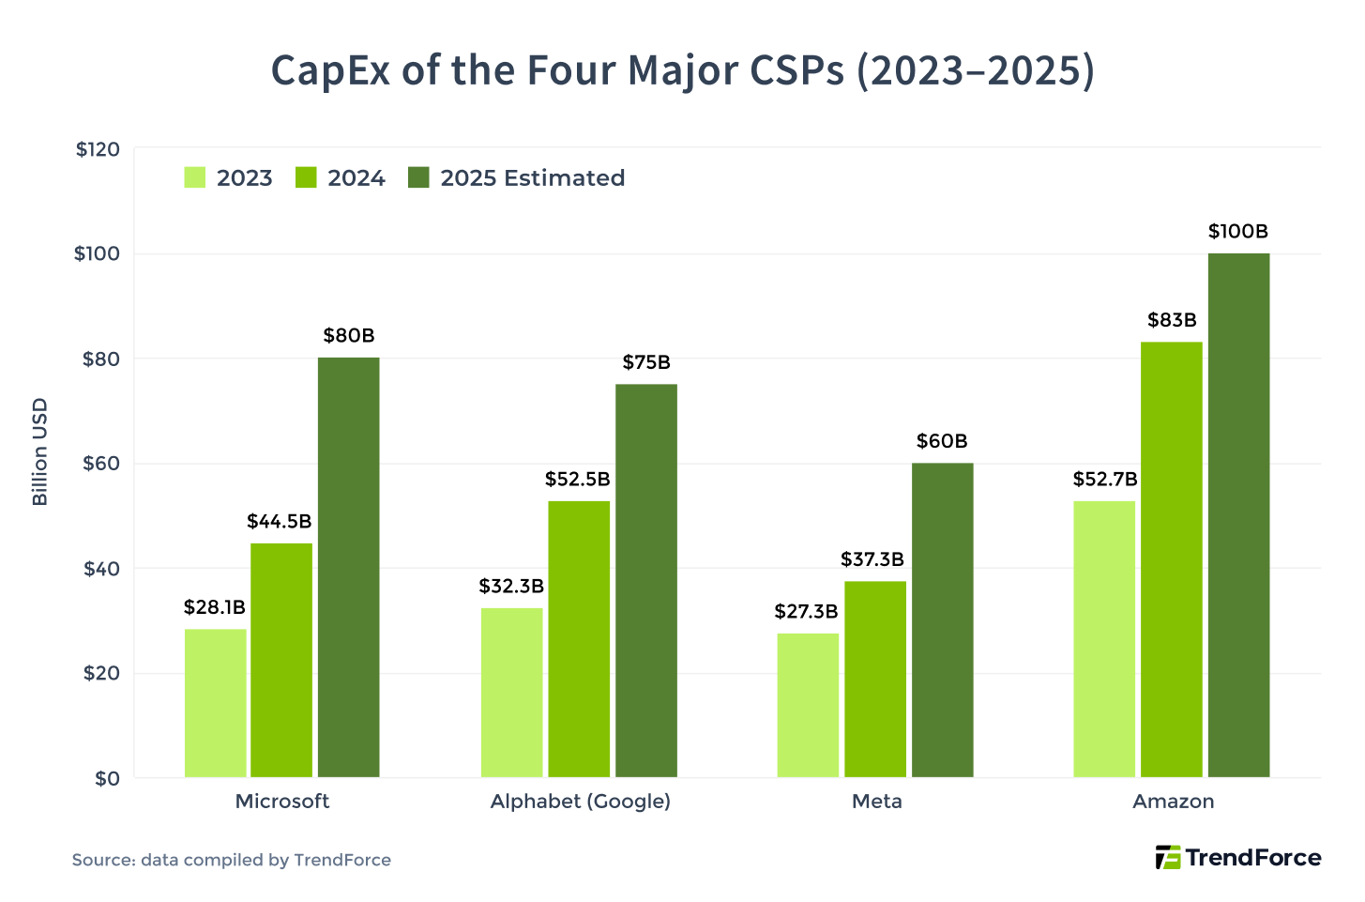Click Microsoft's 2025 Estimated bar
click(348, 567)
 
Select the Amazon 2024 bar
click(1171, 559)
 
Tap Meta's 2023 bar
click(808, 705)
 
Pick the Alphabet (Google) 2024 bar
click(579, 639)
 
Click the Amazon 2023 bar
click(1104, 639)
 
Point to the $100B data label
click(1237, 232)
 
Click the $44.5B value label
click(280, 521)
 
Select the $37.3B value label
click(872, 560)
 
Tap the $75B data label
click(646, 362)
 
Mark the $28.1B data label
click(215, 607)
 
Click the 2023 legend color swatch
click(195, 177)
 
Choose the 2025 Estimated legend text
click(532, 178)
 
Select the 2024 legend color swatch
click(306, 177)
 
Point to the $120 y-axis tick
click(98, 149)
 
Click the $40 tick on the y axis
click(101, 569)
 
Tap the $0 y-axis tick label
click(107, 778)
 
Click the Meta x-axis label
click(876, 802)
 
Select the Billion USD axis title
click(39, 452)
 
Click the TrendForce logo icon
click(1167, 858)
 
